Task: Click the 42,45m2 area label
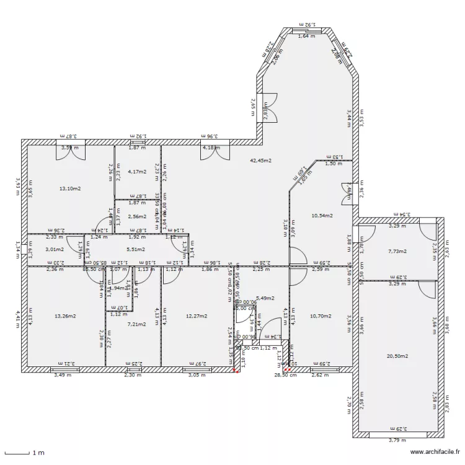pyautogui.click(x=260, y=161)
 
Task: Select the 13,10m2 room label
pyautogui.click(x=69, y=188)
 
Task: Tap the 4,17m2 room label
pyautogui.click(x=136, y=172)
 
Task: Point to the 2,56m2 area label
pyautogui.click(x=136, y=217)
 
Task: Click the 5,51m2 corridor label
pyautogui.click(x=136, y=250)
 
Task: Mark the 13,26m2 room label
pyautogui.click(x=65, y=316)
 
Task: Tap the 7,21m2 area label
pyautogui.click(x=136, y=324)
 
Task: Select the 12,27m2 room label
pyautogui.click(x=195, y=316)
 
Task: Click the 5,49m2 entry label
pyautogui.click(x=265, y=298)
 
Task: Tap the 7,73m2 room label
pyautogui.click(x=397, y=252)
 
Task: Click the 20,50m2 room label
pyautogui.click(x=397, y=356)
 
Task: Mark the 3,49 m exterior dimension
pyautogui.click(x=63, y=374)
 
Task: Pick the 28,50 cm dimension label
pyautogui.click(x=285, y=374)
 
